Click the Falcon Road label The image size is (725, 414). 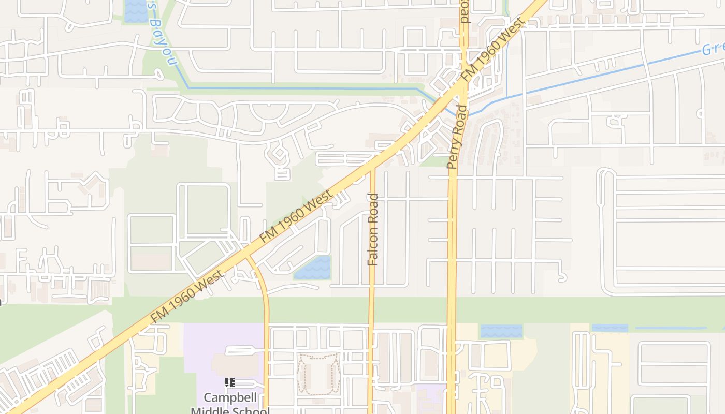(373, 229)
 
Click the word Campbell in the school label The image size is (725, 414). (230, 397)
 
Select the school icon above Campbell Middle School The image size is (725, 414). (230, 382)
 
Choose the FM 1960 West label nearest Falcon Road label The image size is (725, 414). (296, 216)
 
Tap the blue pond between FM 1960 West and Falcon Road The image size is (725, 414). (312, 268)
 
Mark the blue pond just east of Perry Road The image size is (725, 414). (501, 331)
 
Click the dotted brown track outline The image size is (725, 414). (318, 374)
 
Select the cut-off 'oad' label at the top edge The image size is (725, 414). (464, 11)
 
